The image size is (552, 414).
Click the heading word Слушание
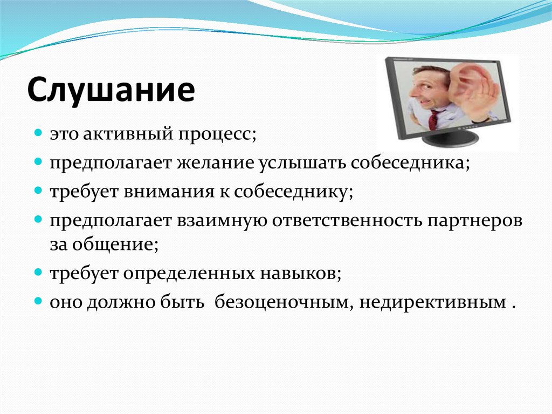click(x=111, y=90)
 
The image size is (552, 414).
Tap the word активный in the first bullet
click(x=128, y=134)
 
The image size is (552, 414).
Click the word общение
click(x=115, y=245)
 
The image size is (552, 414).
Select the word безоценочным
click(x=284, y=302)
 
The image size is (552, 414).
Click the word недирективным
click(x=433, y=303)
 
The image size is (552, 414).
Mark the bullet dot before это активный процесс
click(x=38, y=134)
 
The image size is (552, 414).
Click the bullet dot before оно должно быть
click(x=38, y=302)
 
